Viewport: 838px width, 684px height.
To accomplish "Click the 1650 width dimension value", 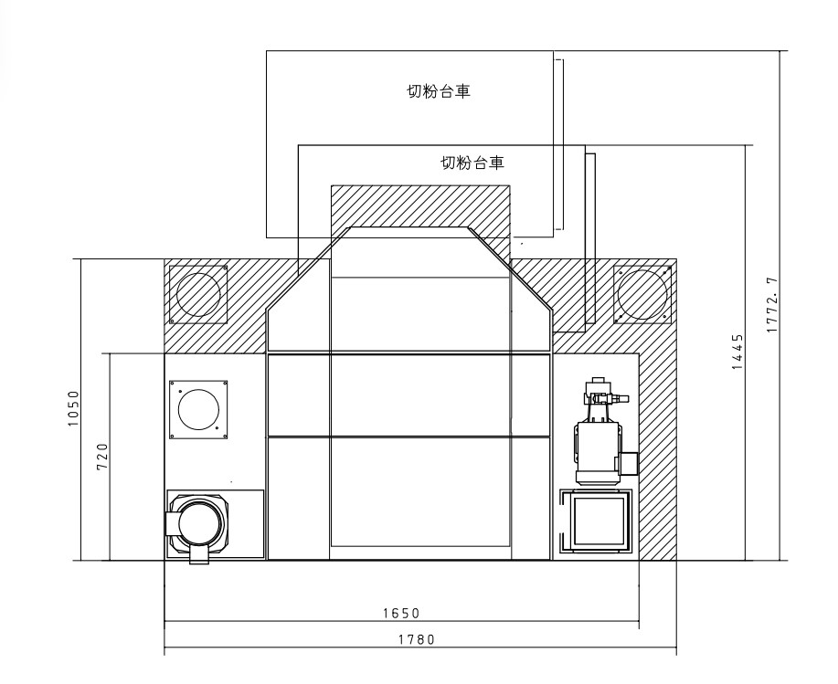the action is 401,614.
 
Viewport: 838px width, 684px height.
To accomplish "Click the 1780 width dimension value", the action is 417,639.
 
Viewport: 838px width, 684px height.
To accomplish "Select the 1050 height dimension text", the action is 73,408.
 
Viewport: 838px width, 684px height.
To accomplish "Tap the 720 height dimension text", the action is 102,457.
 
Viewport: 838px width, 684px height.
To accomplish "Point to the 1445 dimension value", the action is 737,352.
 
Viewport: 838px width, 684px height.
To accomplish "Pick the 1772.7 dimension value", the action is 772,305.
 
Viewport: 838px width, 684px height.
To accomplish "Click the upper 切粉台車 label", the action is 439,92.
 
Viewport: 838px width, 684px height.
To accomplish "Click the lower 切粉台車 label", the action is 472,163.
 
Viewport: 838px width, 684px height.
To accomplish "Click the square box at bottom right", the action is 597,521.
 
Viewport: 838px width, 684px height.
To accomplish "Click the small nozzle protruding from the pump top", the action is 620,398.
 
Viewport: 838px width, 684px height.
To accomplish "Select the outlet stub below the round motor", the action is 200,554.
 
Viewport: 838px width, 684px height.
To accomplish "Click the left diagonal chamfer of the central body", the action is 308,268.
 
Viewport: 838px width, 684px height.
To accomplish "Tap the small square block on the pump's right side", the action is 630,463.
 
